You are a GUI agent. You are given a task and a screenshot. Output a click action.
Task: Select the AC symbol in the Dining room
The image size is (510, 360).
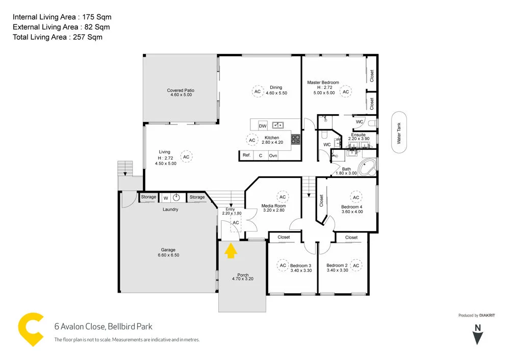(257, 91)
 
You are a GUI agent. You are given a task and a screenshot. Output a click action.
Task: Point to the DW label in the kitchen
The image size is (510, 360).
(263, 125)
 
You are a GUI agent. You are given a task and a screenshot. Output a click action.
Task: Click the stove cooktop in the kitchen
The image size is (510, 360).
(295, 138)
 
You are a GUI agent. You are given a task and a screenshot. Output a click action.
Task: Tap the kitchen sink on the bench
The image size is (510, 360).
(278, 124)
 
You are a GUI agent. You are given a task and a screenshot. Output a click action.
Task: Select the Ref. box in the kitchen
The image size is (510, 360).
(246, 156)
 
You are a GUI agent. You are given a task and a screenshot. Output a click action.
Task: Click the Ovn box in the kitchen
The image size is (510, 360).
(273, 156)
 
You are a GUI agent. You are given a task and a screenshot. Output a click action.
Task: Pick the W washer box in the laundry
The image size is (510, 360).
(165, 198)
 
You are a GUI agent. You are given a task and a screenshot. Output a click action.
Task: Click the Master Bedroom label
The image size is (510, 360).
(323, 83)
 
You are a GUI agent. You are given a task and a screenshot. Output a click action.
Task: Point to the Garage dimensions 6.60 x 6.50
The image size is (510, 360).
(168, 255)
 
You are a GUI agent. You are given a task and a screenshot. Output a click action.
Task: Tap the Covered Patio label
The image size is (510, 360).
(181, 91)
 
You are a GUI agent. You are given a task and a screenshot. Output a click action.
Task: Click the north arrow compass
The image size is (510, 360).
(477, 335)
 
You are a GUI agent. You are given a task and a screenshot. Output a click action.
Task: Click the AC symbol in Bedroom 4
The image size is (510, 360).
(356, 197)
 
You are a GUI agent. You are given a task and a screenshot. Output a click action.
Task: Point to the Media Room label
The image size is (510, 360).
(273, 206)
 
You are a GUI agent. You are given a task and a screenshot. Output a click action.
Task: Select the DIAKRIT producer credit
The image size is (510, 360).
(488, 316)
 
